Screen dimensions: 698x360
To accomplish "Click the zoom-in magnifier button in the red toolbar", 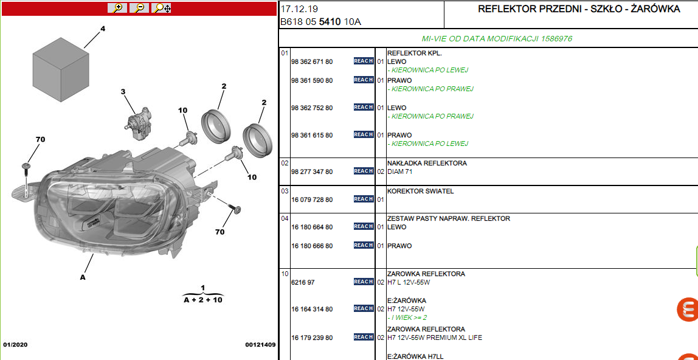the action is pos(117,8).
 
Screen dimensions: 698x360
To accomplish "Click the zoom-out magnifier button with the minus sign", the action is pos(139,8).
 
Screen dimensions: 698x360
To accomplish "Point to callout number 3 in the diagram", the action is pos(123,92).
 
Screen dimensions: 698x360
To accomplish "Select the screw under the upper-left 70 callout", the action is pos(26,178).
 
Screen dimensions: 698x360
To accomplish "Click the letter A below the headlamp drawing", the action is pos(82,277).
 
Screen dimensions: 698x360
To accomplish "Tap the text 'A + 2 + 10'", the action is pos(203,300).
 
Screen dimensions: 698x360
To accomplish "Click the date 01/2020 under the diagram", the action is pos(15,345).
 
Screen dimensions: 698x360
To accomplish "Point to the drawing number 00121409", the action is pos(260,345).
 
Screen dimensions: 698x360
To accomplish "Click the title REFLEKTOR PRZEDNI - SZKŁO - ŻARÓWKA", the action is pos(579,9).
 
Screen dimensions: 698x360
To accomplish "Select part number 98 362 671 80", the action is pos(311,62).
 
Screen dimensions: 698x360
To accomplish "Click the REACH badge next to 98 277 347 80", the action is pos(364,171).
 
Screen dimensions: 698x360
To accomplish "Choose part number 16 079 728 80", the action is pos(311,200).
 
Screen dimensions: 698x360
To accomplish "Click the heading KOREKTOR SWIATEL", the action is pos(421,192).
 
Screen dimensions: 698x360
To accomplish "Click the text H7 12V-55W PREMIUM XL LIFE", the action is pos(435,337).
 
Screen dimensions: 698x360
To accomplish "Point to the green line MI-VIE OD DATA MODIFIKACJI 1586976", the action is pos(497,39).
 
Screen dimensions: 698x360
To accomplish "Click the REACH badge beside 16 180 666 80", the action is pos(364,245).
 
